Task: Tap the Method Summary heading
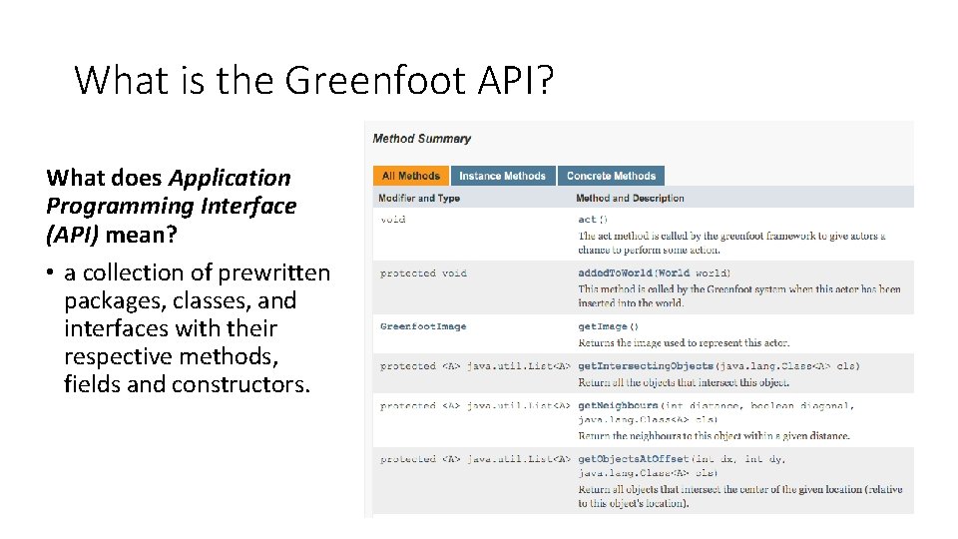tap(421, 139)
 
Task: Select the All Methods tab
tap(410, 176)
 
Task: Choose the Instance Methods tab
tap(502, 176)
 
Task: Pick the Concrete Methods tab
tap(611, 176)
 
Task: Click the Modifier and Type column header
tap(419, 198)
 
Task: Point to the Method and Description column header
tap(630, 198)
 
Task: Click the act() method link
tap(592, 220)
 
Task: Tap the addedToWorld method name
tap(615, 273)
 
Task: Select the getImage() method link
tap(608, 326)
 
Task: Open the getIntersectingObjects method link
tap(646, 366)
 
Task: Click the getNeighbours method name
tap(618, 406)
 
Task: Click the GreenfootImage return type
tap(423, 326)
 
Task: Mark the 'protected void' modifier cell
tap(423, 273)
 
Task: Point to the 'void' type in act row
tap(393, 220)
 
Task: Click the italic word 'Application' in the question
tap(230, 179)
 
